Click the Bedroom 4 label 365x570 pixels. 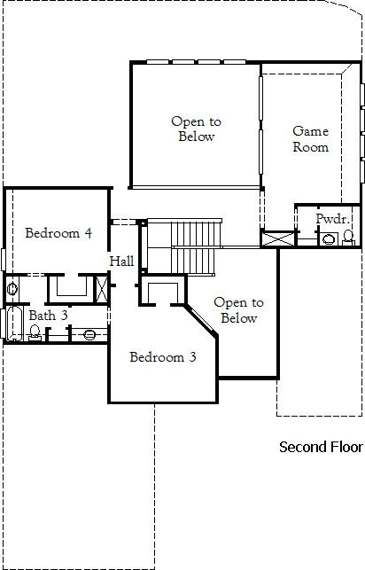pyautogui.click(x=58, y=232)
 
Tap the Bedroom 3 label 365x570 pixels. pyautogui.click(x=163, y=357)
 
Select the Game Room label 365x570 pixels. pyautogui.click(x=311, y=139)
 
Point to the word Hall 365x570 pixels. pyautogui.click(x=121, y=261)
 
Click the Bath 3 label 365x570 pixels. pyautogui.click(x=49, y=316)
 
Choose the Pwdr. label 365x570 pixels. pyautogui.click(x=333, y=219)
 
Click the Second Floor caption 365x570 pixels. pyautogui.click(x=321, y=447)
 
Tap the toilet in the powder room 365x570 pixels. pyautogui.click(x=348, y=238)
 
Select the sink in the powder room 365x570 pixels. pyautogui.click(x=329, y=239)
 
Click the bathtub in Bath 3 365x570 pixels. pyautogui.click(x=14, y=324)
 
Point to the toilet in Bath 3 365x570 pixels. pyautogui.click(x=35, y=332)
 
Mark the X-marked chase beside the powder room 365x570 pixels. pyautogui.click(x=279, y=239)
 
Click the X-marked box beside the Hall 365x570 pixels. pyautogui.click(x=101, y=289)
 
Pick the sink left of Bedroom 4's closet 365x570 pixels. pyautogui.click(x=12, y=289)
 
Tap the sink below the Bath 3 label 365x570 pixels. pyautogui.click(x=89, y=334)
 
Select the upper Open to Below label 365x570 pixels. pyautogui.click(x=196, y=129)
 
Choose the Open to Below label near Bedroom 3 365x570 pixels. pyautogui.click(x=238, y=310)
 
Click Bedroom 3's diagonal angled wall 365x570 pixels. pyautogui.click(x=201, y=321)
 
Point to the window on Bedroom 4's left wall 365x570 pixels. pyautogui.click(x=4, y=260)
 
